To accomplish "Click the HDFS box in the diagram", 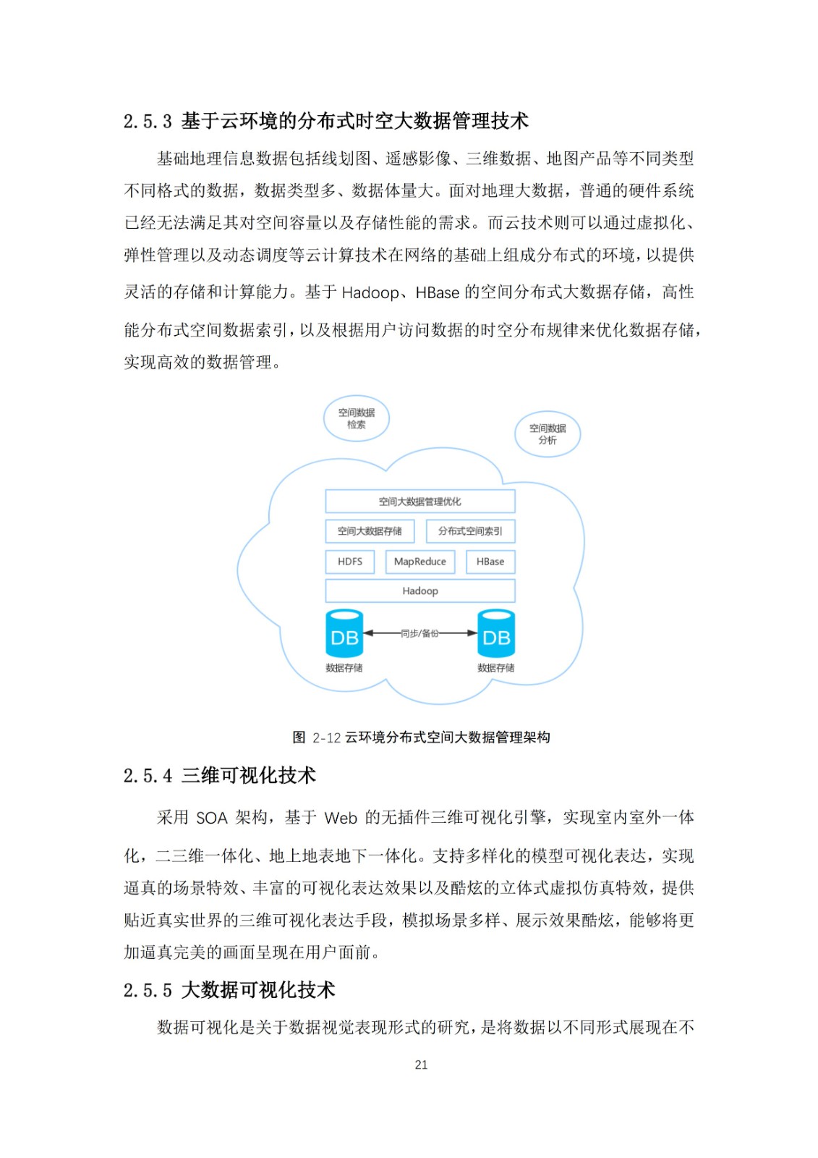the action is tap(350, 562).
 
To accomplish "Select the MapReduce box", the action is tap(420, 562).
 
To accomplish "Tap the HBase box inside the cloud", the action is tap(490, 562).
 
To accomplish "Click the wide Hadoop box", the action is tap(420, 591).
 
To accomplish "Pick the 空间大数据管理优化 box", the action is tap(420, 502).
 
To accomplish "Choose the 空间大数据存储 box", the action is tap(370, 531).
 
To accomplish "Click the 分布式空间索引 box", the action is tap(470, 531).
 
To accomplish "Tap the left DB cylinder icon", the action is tap(344, 634).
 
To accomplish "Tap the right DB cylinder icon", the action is tap(496, 634).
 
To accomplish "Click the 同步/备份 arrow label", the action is tap(419, 633).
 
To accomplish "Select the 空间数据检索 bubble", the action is tap(357, 419).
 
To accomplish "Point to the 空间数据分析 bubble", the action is tap(548, 434).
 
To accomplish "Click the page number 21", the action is tap(421, 1065).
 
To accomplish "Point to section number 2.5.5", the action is tap(148, 991).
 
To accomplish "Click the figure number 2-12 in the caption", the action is tap(327, 738).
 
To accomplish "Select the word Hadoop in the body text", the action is tap(370, 293).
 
